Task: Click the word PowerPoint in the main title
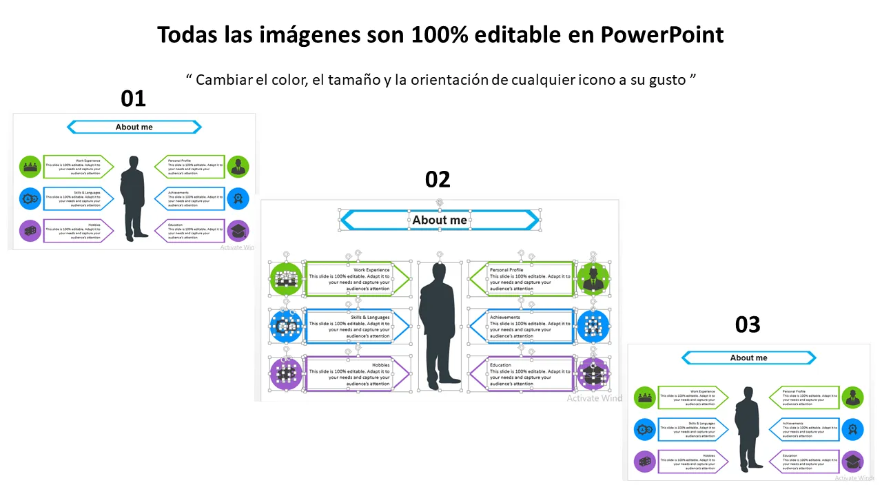click(662, 34)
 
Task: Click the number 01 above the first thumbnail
click(133, 99)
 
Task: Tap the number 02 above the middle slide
click(438, 180)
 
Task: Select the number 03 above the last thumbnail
click(748, 324)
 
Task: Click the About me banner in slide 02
click(440, 220)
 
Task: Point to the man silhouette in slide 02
click(439, 324)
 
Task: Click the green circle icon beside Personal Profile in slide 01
click(238, 167)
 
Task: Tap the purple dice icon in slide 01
click(30, 231)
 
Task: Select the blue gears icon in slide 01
click(30, 199)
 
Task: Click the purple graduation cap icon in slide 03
click(853, 462)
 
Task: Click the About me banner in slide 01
click(134, 127)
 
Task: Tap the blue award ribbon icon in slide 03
click(853, 429)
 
